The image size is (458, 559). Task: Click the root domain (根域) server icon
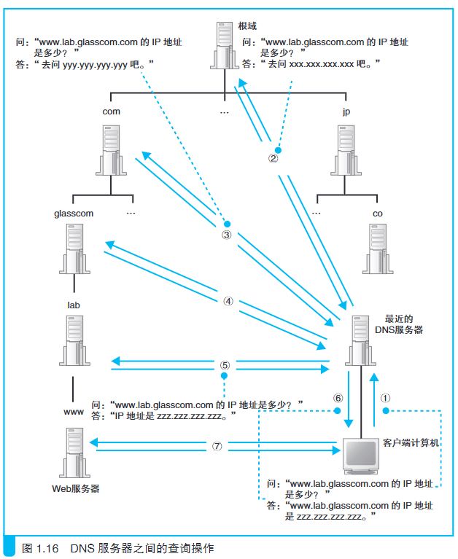pyautogui.click(x=225, y=45)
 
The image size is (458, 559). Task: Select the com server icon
pyautogui.click(x=111, y=150)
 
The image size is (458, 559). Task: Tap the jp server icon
pyautogui.click(x=346, y=150)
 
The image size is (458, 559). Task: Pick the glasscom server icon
pyautogui.click(x=74, y=249)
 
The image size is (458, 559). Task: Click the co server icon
pyautogui.click(x=378, y=249)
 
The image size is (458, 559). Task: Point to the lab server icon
pyautogui.click(x=74, y=340)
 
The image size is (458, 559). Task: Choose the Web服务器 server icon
pyautogui.click(x=74, y=453)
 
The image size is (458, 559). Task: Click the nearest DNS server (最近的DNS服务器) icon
pyautogui.click(x=360, y=340)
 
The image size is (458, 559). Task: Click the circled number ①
pyautogui.click(x=385, y=398)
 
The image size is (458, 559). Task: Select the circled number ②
pyautogui.click(x=273, y=158)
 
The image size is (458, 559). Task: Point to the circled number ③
pyautogui.click(x=227, y=235)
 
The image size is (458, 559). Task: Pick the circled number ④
pyautogui.click(x=228, y=301)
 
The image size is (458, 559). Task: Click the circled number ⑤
pyautogui.click(x=225, y=365)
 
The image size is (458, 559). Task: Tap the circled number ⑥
pyautogui.click(x=338, y=398)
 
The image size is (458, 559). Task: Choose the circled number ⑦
pyautogui.click(x=217, y=446)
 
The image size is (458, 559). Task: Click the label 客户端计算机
pyautogui.click(x=411, y=443)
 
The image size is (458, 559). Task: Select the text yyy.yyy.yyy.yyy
pyautogui.click(x=95, y=65)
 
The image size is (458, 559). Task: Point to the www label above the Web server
pyautogui.click(x=74, y=412)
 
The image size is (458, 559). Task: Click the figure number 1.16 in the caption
pyautogui.click(x=47, y=548)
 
